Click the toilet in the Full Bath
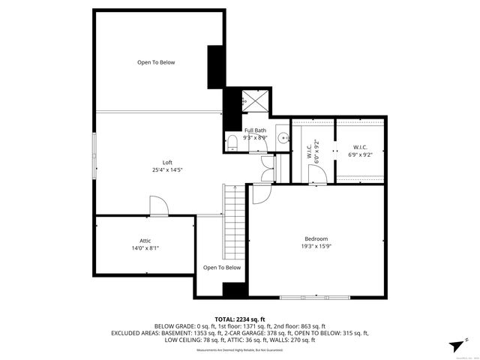[x=232, y=142]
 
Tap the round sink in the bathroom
[x=282, y=137]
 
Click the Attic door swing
[x=158, y=207]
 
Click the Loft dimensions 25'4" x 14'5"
[x=167, y=169]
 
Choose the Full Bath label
[x=255, y=130]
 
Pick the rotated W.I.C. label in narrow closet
[x=308, y=150]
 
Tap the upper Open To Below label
[x=156, y=62]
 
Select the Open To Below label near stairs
[x=222, y=268]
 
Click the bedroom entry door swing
[x=259, y=194]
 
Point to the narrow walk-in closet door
[x=316, y=174]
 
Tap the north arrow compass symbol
[x=455, y=343]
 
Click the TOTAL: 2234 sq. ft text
[x=240, y=319]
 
